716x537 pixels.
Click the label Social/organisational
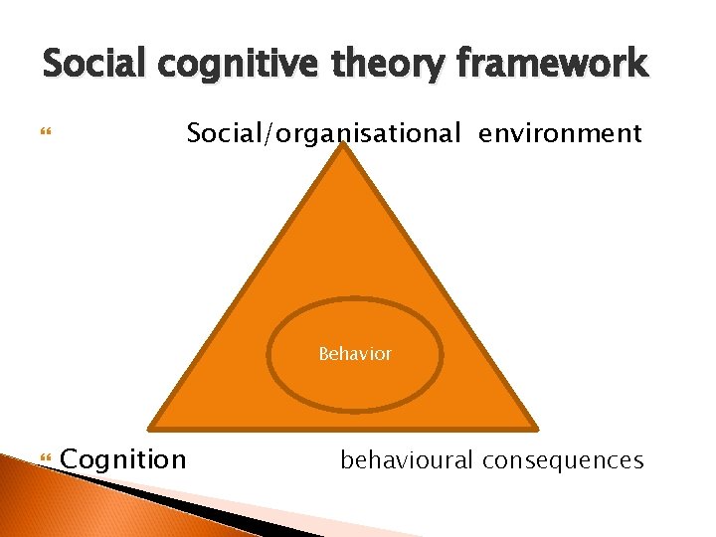tap(324, 133)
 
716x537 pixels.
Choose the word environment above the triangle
tap(560, 133)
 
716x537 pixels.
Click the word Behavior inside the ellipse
tap(355, 354)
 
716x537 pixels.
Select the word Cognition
tap(123, 459)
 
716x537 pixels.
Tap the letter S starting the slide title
tap(52, 66)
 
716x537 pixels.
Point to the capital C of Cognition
tap(72, 459)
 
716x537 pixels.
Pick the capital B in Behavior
tap(323, 354)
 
